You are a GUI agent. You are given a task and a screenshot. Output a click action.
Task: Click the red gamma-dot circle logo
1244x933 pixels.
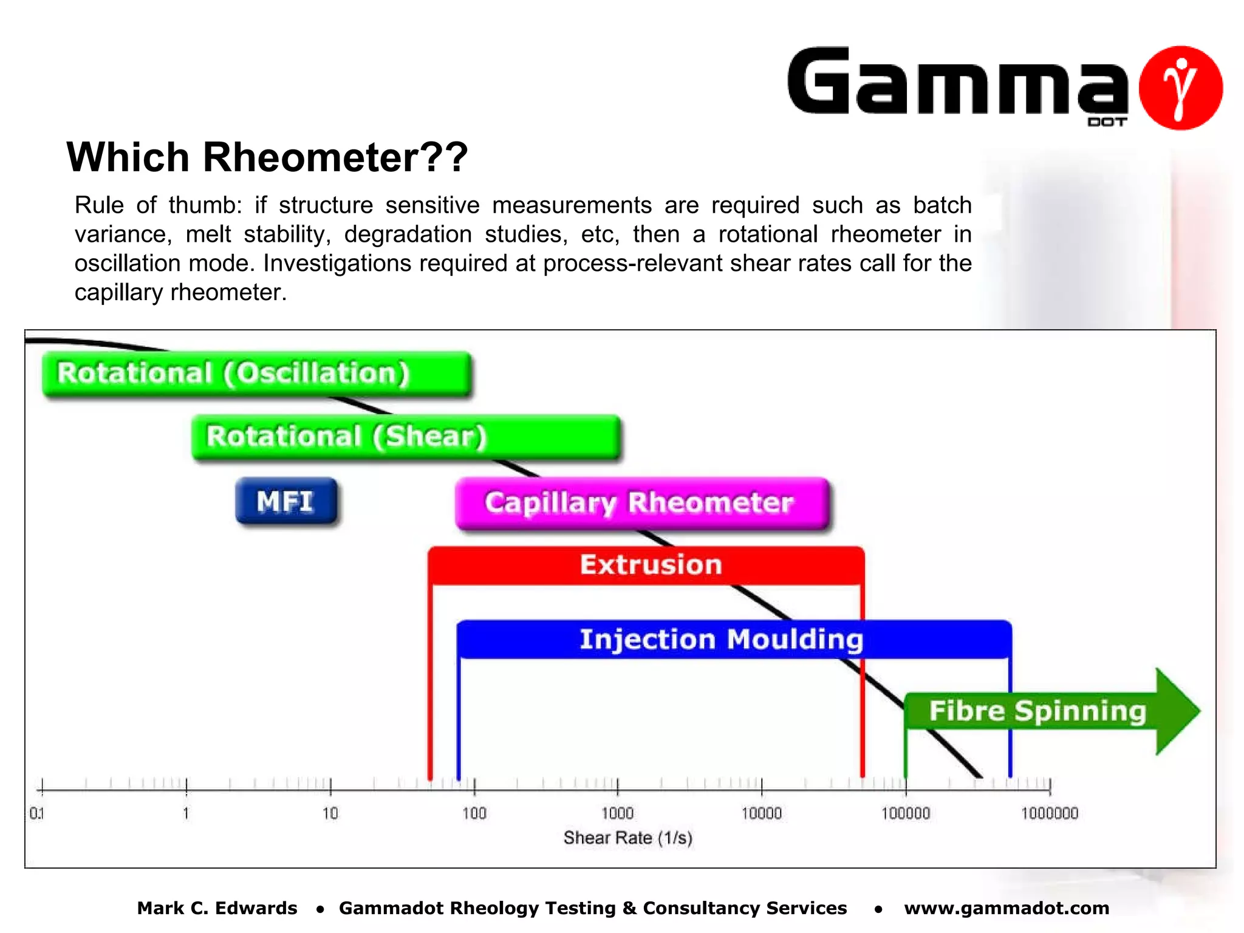1180,88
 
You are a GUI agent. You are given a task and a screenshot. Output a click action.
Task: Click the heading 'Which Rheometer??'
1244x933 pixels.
267,157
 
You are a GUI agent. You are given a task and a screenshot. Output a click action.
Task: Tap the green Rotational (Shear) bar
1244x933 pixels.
405,437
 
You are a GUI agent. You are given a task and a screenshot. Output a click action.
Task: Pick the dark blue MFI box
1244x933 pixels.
285,502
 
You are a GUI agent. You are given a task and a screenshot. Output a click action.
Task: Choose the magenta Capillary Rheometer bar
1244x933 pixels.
641,504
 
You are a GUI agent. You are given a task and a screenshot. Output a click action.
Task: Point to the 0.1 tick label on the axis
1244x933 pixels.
36,813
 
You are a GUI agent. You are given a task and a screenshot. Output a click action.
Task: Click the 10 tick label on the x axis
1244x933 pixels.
330,813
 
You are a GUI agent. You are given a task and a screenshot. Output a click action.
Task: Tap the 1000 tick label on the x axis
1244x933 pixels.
617,813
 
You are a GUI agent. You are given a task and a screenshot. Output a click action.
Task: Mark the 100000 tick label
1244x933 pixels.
905,813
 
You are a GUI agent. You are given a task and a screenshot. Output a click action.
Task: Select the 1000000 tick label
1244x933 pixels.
1049,813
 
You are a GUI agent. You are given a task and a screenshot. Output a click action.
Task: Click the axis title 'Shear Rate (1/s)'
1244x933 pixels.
627,838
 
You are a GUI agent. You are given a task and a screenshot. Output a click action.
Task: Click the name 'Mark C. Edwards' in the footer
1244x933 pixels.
217,908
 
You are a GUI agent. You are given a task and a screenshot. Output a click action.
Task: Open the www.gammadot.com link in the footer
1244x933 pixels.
1006,908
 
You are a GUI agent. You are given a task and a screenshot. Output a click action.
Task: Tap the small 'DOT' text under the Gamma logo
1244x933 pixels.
1107,122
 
